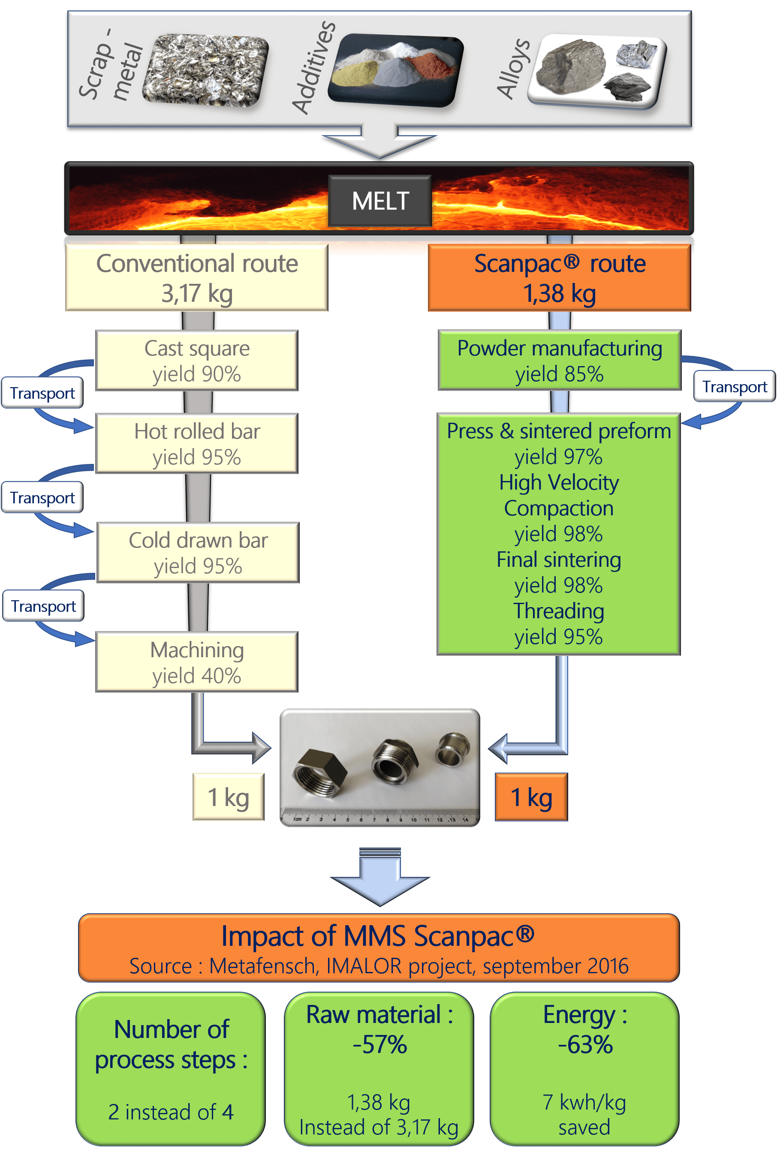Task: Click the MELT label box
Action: [380, 201]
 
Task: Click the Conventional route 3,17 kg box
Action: [197, 278]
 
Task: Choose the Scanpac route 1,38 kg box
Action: [560, 278]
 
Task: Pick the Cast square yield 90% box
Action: [197, 361]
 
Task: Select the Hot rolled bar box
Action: [197, 443]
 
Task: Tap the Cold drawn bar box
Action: [198, 553]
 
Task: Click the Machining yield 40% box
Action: [197, 662]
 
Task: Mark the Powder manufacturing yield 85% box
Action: [560, 361]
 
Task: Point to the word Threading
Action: [558, 611]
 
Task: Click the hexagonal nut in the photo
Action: [319, 773]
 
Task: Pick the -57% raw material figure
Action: [379, 1044]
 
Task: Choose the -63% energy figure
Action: [585, 1044]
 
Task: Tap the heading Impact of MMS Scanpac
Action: [378, 936]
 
